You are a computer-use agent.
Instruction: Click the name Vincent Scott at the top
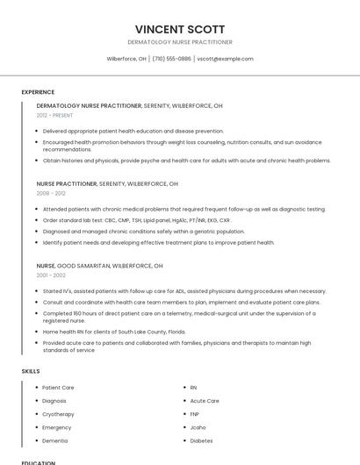[x=180, y=29]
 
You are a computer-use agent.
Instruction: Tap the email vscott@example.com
[x=225, y=59]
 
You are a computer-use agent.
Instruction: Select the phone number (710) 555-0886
[x=171, y=59]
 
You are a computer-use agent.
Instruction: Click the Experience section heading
[x=38, y=92]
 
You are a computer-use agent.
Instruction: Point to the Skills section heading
[x=31, y=371]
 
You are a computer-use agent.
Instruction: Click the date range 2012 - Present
[x=54, y=115]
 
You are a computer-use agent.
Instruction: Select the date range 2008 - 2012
[x=51, y=193]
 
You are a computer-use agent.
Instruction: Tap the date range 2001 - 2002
[x=51, y=275]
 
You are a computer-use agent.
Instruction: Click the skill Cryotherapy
[x=58, y=414]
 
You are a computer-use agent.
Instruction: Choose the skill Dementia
[x=54, y=440]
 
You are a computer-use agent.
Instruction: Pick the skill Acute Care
[x=205, y=401]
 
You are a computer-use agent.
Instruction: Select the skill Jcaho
[x=198, y=427]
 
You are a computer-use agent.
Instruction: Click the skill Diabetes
[x=201, y=440]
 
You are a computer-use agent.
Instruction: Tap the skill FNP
[x=195, y=414]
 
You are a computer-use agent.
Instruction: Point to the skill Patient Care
[x=58, y=387]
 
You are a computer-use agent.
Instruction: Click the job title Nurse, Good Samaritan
[x=99, y=265]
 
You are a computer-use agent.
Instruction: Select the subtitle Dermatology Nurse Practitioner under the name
[x=180, y=42]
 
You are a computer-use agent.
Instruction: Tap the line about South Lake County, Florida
[x=114, y=332]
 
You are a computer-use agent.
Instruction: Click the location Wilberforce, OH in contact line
[x=126, y=59]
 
